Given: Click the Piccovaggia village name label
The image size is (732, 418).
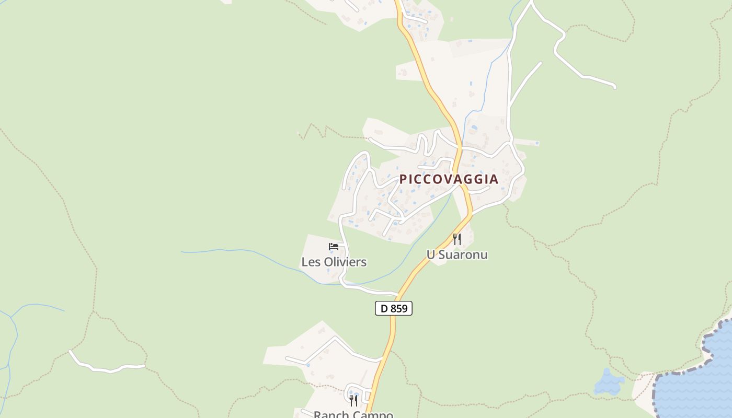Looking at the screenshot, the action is coord(449,179).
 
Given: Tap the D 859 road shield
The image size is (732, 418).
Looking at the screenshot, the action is coord(394,309).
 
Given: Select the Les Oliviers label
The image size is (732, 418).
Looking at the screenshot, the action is coord(334,262).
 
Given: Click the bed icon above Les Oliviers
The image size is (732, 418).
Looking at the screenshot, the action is coord(334,247).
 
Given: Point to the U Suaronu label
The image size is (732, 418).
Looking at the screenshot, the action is coord(457,255).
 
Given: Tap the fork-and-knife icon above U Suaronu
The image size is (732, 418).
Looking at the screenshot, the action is coord(457,239).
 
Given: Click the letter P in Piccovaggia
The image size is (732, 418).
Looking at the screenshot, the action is coord(403,179).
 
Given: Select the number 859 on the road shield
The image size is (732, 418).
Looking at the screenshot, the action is coord(399,309).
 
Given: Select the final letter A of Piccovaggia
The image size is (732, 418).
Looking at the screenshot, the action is coord(493,179).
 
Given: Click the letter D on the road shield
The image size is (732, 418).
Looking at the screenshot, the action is coord(384,309).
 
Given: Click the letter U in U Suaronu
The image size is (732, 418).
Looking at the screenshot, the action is coord(430,255).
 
